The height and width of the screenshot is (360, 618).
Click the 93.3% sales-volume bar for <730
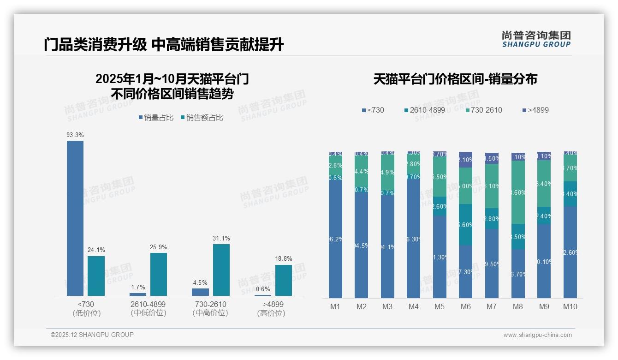point(75,218)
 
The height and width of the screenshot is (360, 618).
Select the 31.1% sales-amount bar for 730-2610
point(221,270)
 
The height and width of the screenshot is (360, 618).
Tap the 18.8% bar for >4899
point(283,280)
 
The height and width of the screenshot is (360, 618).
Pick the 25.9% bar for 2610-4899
point(159,274)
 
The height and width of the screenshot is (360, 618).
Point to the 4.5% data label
point(200,283)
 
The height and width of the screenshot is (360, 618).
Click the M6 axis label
point(465,306)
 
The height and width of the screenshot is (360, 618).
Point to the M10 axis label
point(570,306)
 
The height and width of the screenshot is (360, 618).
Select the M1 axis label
point(335,306)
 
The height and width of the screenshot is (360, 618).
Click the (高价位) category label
point(271,313)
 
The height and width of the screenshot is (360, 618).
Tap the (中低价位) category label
point(148,313)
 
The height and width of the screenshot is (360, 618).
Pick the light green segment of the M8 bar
point(518,192)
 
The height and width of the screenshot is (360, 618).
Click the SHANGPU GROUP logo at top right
point(536,39)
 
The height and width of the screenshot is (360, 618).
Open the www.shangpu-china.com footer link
point(537,335)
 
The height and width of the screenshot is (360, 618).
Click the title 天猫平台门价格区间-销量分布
point(455,79)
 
